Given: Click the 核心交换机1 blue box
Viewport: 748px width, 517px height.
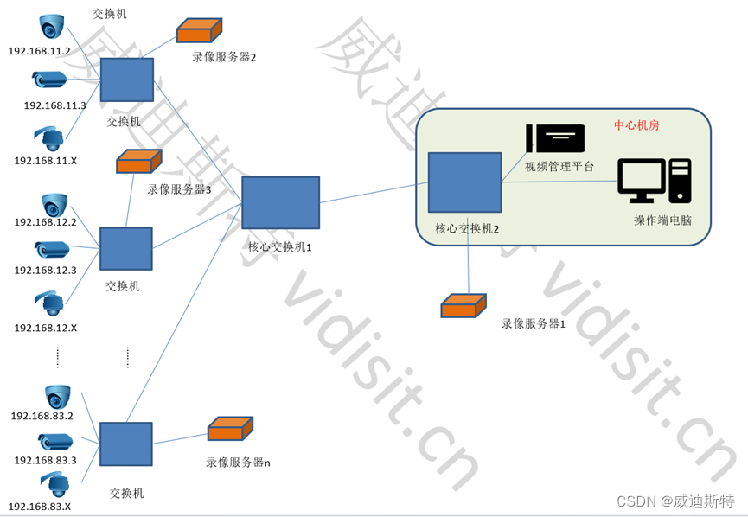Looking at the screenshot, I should [x=280, y=202].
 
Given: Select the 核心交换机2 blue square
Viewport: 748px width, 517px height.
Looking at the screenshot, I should [x=465, y=182].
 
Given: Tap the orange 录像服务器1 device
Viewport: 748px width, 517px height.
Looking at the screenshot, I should [x=463, y=306].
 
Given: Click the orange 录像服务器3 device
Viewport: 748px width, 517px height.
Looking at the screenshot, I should [x=138, y=162].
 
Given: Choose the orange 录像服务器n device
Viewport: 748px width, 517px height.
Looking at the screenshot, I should [x=229, y=428].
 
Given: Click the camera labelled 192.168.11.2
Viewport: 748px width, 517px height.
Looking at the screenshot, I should [x=51, y=28].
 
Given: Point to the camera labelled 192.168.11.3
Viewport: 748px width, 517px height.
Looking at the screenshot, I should [x=50, y=80].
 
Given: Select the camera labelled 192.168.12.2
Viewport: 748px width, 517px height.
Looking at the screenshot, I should [x=54, y=206].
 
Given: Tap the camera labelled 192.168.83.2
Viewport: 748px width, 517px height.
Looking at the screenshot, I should [x=57, y=398].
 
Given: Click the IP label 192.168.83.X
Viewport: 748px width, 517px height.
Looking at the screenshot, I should [x=39, y=506].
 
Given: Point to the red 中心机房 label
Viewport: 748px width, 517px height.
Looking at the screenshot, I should [x=636, y=125].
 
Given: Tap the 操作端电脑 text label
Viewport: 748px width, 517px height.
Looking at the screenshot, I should [x=662, y=220].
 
